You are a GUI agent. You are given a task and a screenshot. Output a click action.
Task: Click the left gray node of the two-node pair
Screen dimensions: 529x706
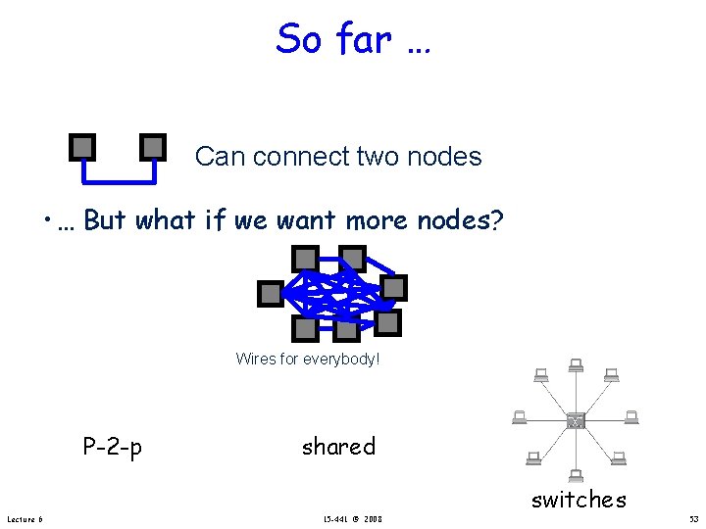[83, 147]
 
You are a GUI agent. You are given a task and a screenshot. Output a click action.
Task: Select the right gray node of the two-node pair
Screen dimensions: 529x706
[153, 147]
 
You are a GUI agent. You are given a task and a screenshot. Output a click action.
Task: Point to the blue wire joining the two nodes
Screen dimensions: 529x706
[118, 180]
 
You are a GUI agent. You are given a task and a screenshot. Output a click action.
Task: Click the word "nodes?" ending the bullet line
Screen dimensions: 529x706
[461, 220]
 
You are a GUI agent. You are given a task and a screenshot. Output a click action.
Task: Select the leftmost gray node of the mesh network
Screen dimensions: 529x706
[270, 293]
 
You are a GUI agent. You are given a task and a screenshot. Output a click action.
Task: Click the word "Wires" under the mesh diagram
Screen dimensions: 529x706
[255, 360]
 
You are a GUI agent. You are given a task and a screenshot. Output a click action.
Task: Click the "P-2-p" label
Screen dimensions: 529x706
[112, 448]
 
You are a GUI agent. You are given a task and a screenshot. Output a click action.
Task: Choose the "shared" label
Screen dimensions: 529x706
[338, 447]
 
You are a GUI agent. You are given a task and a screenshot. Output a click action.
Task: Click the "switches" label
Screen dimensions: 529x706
[579, 500]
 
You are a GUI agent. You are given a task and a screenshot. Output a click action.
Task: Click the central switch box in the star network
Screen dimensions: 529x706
[576, 420]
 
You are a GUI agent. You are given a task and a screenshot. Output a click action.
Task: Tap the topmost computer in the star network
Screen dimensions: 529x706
[576, 366]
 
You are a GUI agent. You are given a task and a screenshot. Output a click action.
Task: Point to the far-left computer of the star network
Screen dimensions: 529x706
[520, 417]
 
